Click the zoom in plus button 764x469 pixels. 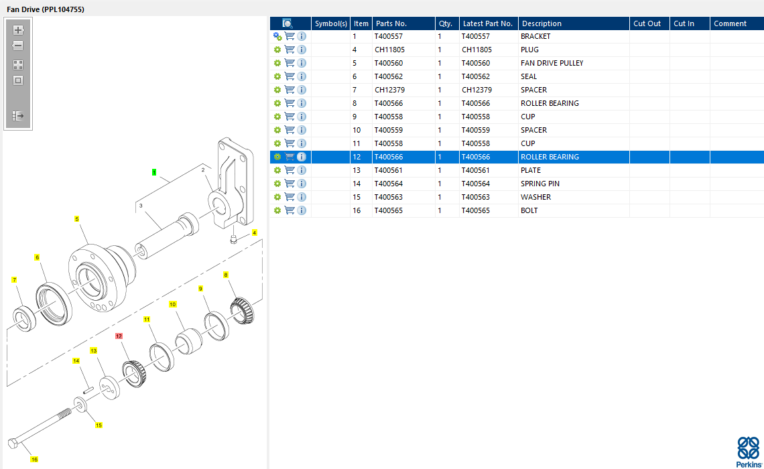click(x=18, y=30)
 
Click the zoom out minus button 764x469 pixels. click(x=18, y=46)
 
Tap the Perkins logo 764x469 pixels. click(x=749, y=452)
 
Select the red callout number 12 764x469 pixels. click(x=119, y=336)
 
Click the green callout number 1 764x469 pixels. click(x=154, y=172)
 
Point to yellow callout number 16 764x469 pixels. click(x=34, y=459)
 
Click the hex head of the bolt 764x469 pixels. click(x=13, y=443)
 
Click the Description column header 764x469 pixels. click(x=542, y=23)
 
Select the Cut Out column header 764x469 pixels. click(x=647, y=23)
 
